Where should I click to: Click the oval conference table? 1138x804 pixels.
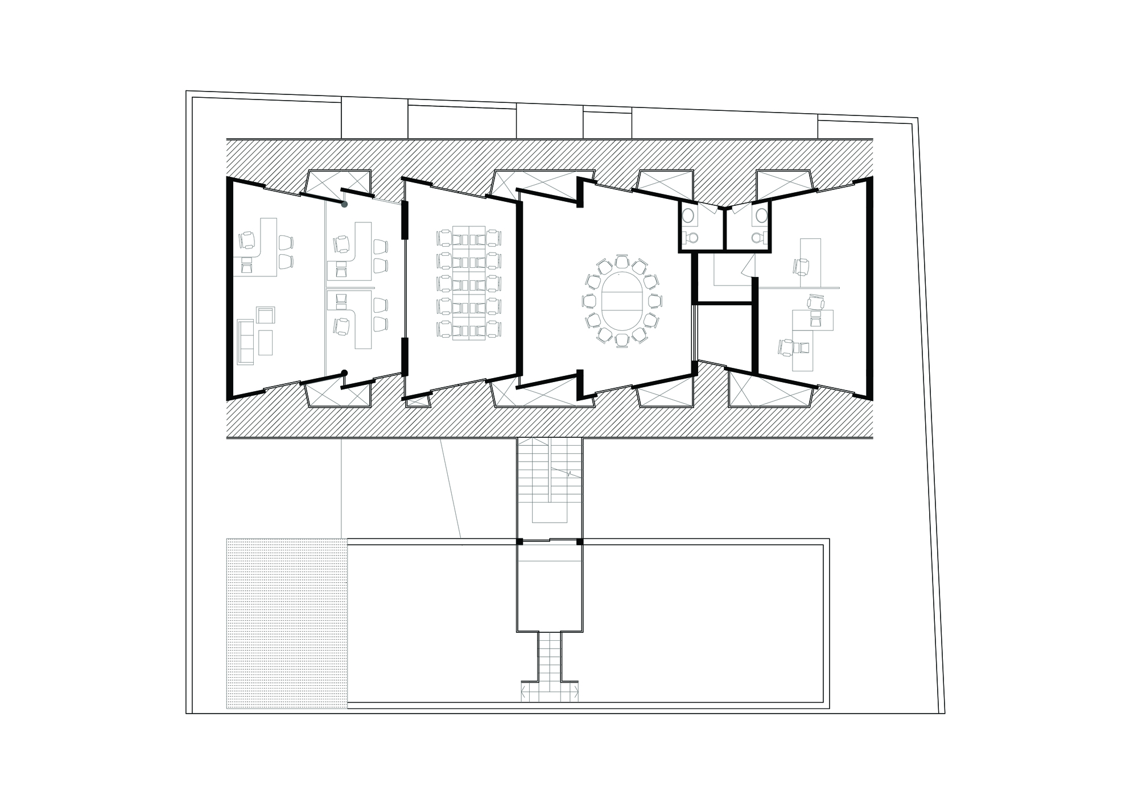[x=622, y=301]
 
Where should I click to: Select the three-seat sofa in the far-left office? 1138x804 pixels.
[x=246, y=341]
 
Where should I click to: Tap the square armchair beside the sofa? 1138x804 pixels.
[x=266, y=315]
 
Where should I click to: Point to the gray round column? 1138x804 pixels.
[x=344, y=204]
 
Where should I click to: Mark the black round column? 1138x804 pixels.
[x=344, y=373]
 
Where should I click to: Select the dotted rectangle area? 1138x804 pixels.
[x=287, y=623]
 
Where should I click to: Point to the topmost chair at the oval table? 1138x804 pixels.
[x=621, y=262]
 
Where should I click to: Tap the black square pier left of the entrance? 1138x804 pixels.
[x=519, y=541]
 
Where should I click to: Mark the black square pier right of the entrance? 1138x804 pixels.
[x=580, y=541]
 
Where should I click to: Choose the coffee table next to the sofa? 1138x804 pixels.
[x=265, y=342]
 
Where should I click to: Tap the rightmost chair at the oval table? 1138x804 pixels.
[x=656, y=301]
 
